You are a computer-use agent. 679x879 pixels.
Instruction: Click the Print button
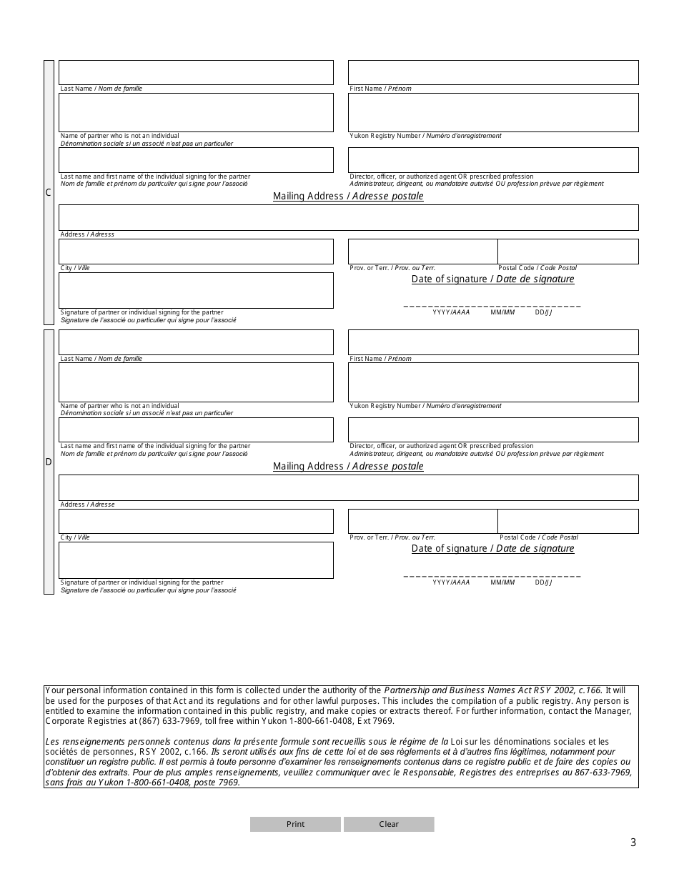coord(295,824)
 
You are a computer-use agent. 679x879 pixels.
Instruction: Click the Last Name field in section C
coord(196,73)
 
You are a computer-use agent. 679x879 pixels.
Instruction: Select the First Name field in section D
coord(493,342)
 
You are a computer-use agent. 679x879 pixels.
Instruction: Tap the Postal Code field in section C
coord(568,252)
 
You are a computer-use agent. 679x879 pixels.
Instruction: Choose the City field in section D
coord(196,521)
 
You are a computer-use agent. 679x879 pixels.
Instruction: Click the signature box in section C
coord(196,290)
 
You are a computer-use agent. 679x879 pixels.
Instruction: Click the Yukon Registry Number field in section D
coord(493,382)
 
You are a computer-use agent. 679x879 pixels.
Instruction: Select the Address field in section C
coord(348,217)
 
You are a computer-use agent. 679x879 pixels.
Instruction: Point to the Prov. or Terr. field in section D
coord(422,521)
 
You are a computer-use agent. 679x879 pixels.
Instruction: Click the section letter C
coord(49,192)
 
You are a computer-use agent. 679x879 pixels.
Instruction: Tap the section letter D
coord(49,462)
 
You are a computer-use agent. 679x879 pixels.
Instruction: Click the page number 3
coord(633,843)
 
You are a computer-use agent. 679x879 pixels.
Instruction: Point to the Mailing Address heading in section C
coord(348,197)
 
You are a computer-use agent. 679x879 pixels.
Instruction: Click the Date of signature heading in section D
coord(492,549)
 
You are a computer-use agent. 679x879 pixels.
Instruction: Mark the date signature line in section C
coord(492,306)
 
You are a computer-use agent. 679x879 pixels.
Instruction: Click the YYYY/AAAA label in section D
coord(451,582)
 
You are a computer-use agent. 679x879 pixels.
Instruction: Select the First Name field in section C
coord(493,73)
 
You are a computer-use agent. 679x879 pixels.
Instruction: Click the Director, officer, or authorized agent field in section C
coord(493,160)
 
